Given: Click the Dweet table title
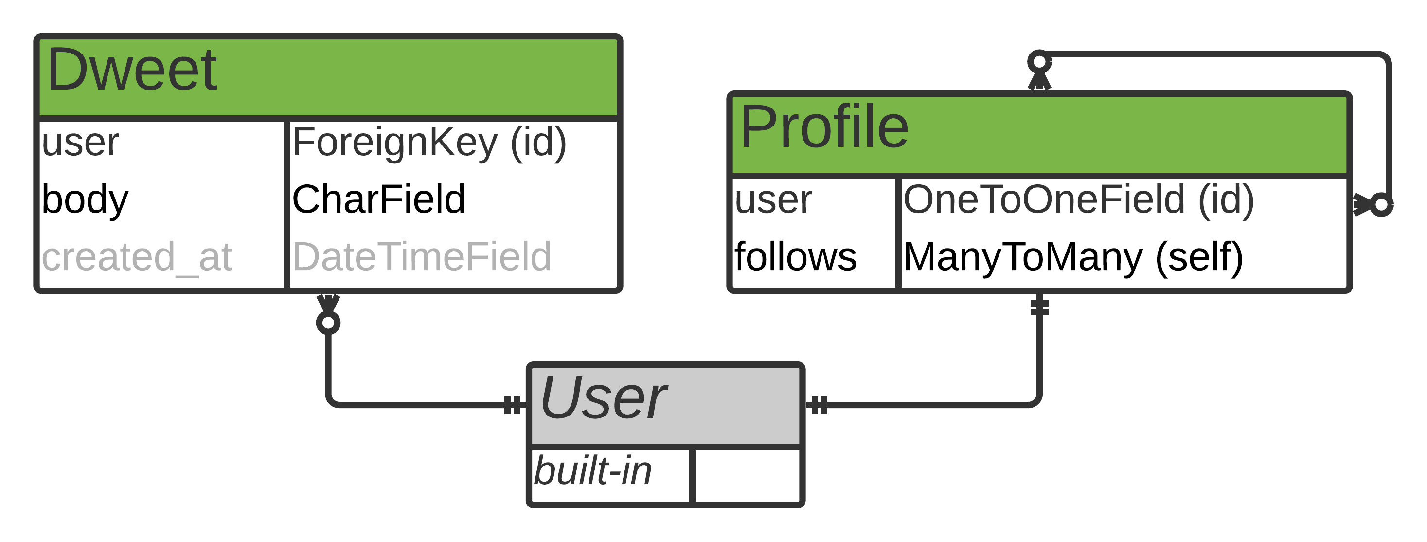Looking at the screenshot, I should tap(132, 71).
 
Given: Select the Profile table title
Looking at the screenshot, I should tap(824, 127).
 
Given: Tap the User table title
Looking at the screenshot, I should tap(603, 397).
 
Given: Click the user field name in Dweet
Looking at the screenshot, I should tap(80, 143).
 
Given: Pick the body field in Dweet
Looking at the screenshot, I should tap(85, 199).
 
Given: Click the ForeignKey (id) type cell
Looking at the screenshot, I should tap(429, 143).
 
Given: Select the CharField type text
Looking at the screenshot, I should tap(378, 199).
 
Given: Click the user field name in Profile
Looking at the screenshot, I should tap(773, 200).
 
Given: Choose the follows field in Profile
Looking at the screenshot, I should tap(796, 257).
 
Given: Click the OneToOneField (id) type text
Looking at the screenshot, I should tap(1078, 200).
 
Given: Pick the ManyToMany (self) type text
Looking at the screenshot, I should tap(1073, 257).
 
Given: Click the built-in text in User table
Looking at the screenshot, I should tap(592, 471).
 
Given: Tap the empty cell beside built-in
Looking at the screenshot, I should tap(747, 475).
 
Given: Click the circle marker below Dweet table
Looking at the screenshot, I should tap(328, 323).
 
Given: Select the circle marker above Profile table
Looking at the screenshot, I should tap(1039, 61).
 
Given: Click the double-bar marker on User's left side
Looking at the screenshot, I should tap(513, 405).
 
